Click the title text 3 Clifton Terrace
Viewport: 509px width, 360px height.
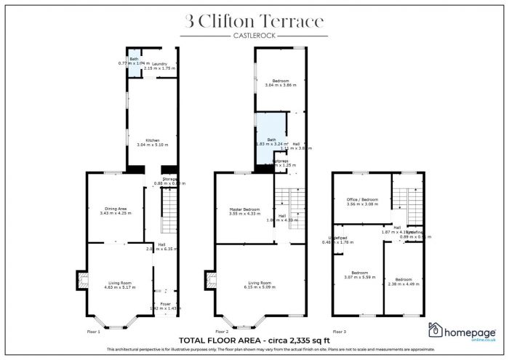click(254, 22)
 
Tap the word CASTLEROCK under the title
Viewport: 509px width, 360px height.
click(254, 36)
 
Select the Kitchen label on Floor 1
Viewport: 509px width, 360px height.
click(152, 140)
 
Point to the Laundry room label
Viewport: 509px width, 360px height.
click(160, 64)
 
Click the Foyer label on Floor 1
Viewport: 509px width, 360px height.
click(165, 304)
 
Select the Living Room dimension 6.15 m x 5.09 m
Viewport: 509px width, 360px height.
click(254, 287)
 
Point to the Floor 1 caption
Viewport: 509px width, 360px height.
click(94, 332)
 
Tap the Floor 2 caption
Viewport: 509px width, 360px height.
click(221, 332)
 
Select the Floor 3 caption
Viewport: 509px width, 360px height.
click(340, 332)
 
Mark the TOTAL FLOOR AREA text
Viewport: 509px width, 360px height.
click(254, 340)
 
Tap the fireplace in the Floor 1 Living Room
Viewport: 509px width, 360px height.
click(81, 279)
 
